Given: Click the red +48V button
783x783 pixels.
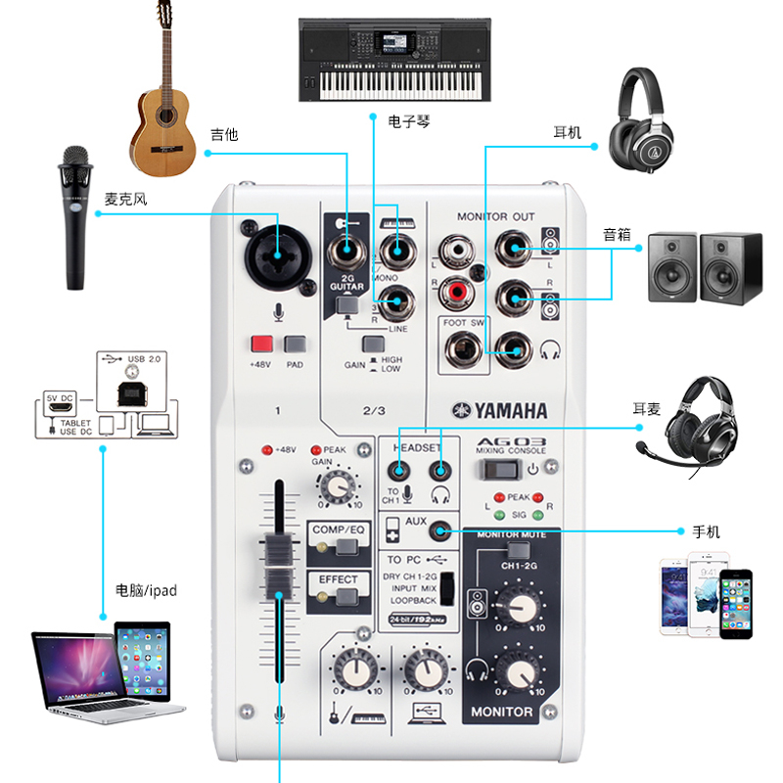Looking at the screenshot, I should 261,345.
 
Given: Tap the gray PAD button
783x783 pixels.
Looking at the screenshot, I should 295,345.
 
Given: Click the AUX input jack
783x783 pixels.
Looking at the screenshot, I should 441,530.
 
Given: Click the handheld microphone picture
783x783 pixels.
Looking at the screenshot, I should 73,217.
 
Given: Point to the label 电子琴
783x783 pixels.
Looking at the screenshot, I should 409,122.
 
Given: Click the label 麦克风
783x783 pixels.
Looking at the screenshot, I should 126,200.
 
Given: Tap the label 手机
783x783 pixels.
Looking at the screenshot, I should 706,531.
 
